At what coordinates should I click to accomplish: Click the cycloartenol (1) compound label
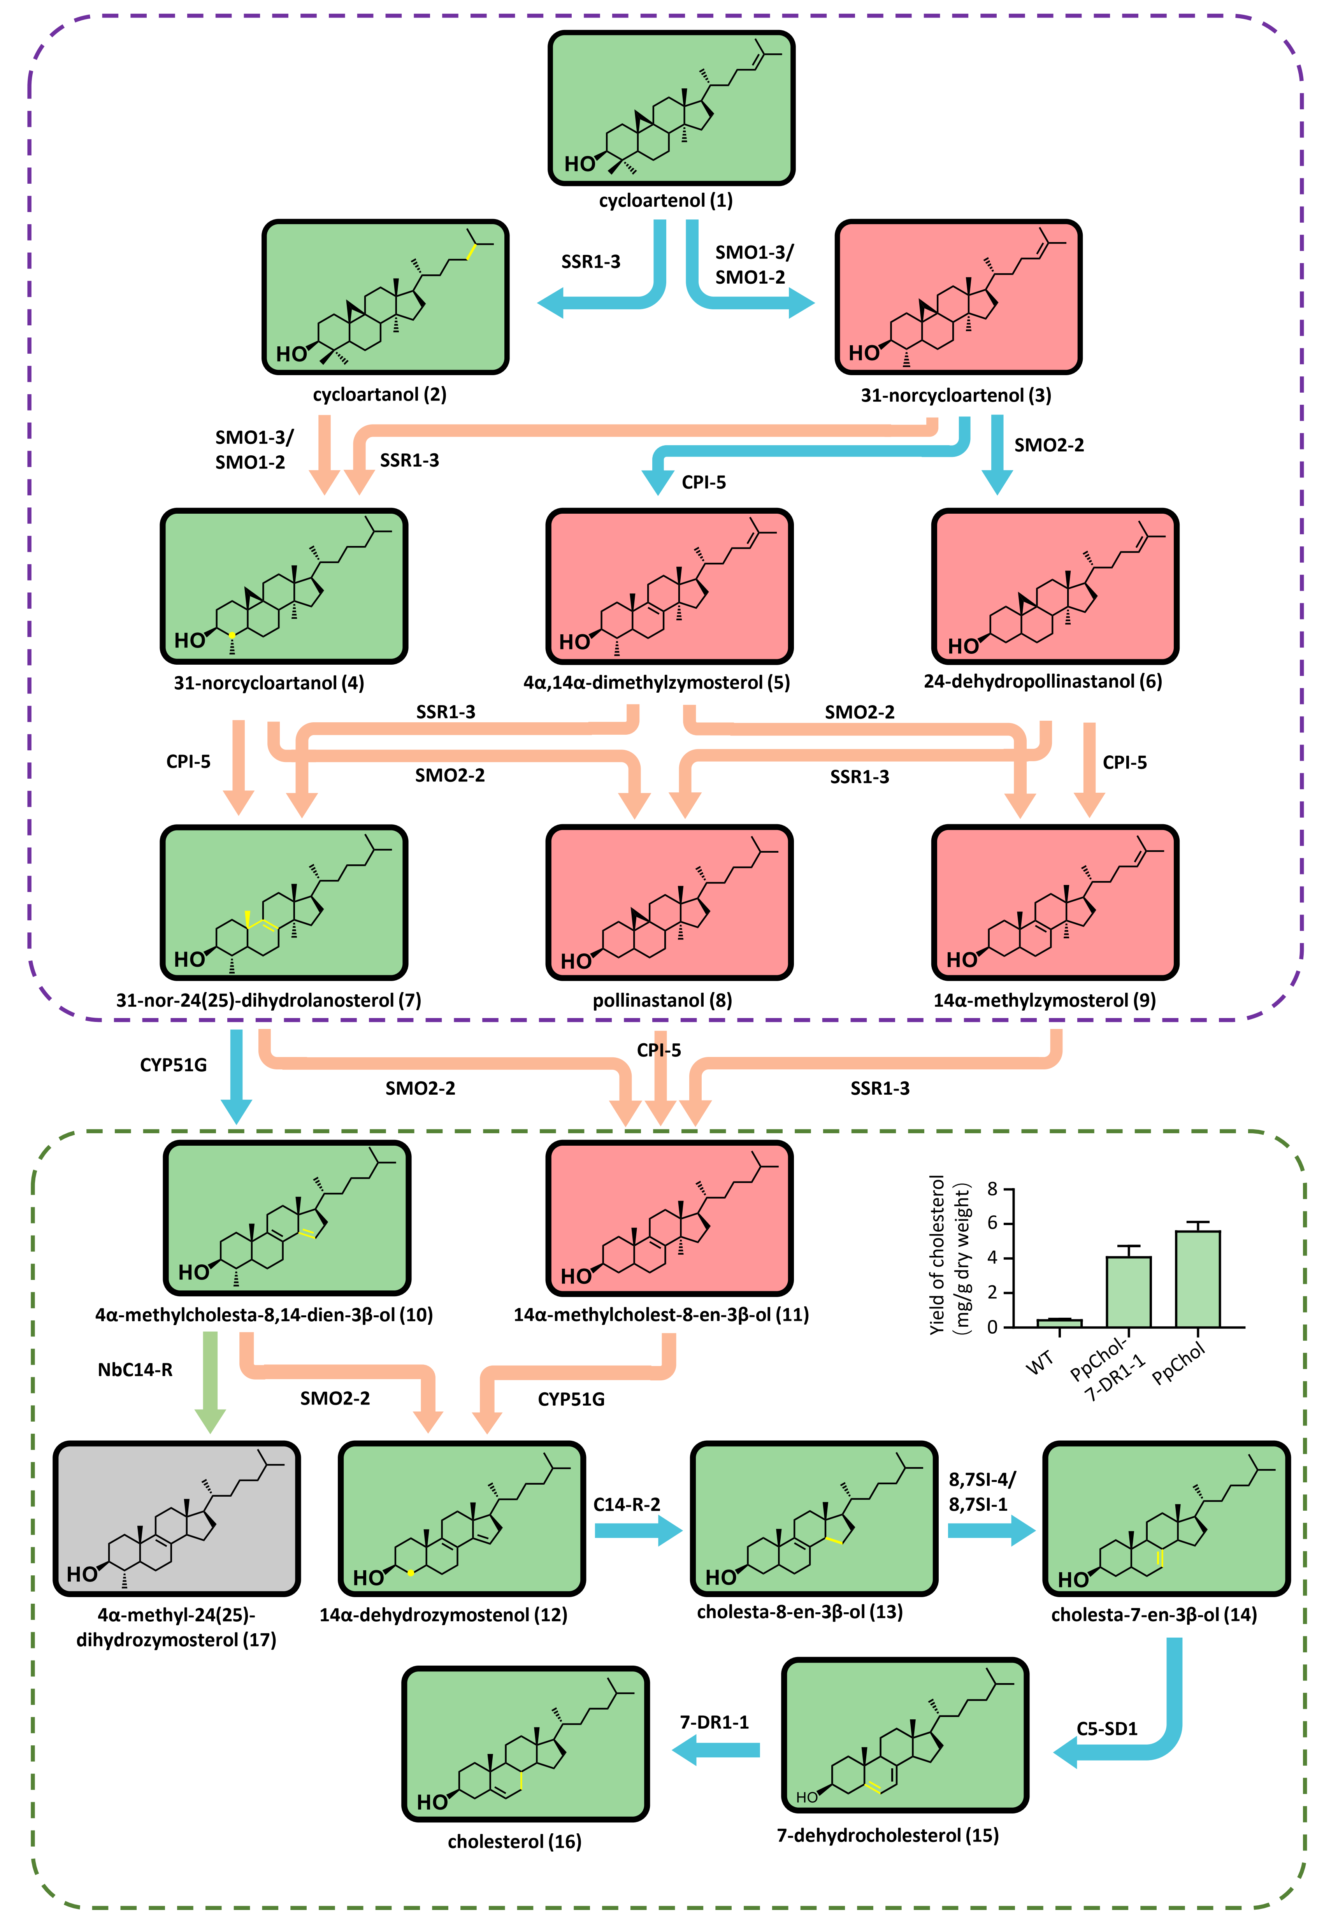click(665, 200)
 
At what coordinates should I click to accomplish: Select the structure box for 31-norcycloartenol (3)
click(958, 297)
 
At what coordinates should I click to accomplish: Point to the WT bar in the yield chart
click(1059, 1323)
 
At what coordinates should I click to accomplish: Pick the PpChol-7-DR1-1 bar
click(1128, 1291)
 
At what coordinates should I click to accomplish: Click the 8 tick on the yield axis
click(992, 1188)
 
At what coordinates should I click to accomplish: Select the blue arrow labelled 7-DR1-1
click(716, 1749)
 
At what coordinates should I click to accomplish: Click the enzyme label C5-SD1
click(1107, 1729)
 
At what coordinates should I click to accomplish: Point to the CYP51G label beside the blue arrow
click(174, 1065)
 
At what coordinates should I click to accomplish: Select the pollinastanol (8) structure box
click(669, 902)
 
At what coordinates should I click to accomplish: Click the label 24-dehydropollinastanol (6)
click(1043, 681)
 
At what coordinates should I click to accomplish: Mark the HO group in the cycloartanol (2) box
click(291, 354)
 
